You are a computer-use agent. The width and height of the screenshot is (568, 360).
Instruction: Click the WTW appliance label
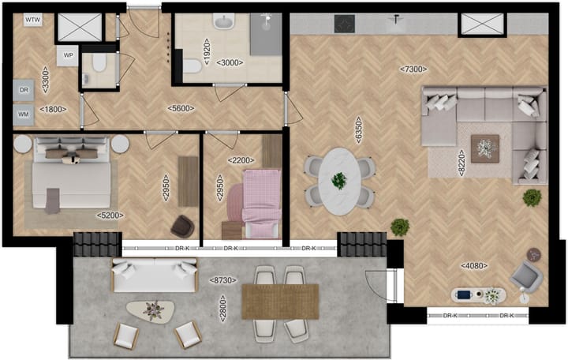tap(33, 19)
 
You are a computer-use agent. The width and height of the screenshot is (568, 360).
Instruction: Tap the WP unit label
tap(69, 56)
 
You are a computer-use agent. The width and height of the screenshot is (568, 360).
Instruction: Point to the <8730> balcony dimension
tap(225, 280)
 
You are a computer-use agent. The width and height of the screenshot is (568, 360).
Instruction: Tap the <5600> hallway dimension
tap(181, 109)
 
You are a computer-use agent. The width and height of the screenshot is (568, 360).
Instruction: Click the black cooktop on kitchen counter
tap(345, 24)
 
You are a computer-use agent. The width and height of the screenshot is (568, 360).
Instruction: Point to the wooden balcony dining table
tap(279, 301)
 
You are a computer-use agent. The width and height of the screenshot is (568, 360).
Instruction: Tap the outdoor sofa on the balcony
tap(154, 272)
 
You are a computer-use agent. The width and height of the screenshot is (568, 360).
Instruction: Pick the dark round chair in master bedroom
tap(183, 226)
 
